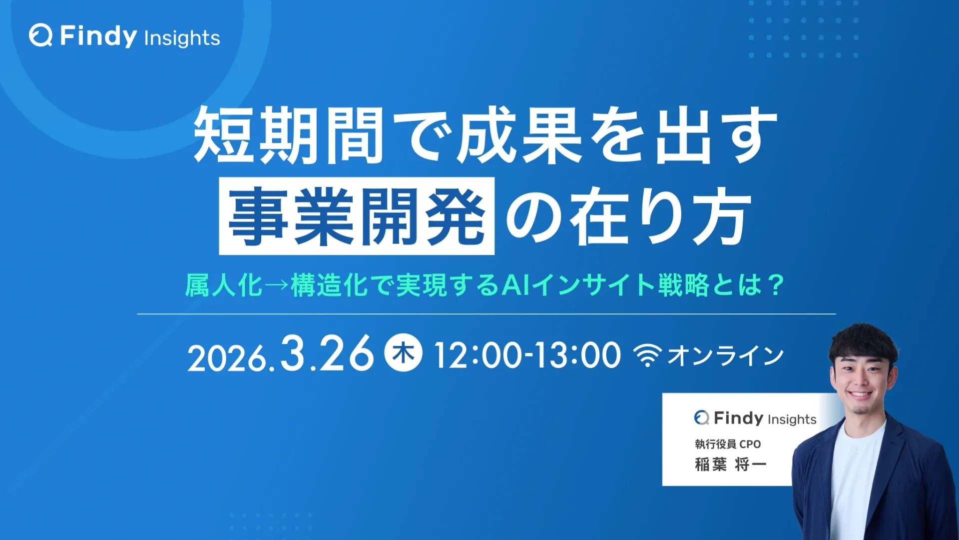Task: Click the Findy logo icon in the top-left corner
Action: [40, 35]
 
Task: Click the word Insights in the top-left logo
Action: [182, 38]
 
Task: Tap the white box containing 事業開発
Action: [357, 216]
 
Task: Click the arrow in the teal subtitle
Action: [277, 285]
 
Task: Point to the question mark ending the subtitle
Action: [776, 285]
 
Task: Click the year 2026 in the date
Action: [227, 358]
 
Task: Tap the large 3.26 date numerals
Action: [327, 353]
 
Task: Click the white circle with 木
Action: [403, 352]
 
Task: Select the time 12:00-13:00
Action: [527, 355]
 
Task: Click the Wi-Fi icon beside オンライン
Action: [647, 355]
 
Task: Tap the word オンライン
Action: [726, 355]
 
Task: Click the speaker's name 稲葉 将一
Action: [730, 464]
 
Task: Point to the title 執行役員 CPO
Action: [728, 444]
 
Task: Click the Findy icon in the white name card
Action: [701, 417]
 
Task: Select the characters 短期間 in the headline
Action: [289, 135]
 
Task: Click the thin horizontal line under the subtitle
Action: [486, 314]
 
